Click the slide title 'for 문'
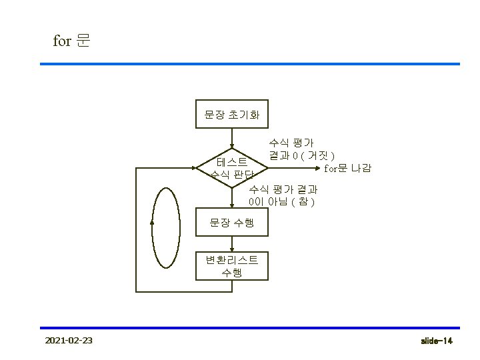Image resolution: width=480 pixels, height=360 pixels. click(x=71, y=41)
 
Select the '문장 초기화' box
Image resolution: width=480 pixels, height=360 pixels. click(x=231, y=115)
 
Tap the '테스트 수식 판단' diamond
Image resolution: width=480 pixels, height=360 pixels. click(x=232, y=168)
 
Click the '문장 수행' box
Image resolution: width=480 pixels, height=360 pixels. click(x=231, y=223)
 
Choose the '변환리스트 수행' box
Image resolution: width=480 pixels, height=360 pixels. click(x=231, y=265)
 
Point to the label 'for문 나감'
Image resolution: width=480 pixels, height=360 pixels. click(x=347, y=167)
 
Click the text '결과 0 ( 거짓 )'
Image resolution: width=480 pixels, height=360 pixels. click(x=301, y=155)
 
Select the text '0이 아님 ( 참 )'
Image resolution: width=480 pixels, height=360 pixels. click(x=281, y=201)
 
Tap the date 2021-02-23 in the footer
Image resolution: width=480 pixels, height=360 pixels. click(x=68, y=341)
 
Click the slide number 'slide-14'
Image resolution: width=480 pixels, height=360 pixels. click(x=437, y=341)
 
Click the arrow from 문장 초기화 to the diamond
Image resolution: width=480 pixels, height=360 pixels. click(x=231, y=138)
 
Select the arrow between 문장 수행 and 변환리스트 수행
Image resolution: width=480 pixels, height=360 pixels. click(x=231, y=244)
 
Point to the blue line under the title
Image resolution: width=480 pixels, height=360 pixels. click(x=250, y=64)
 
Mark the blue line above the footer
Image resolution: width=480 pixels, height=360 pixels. click(x=250, y=328)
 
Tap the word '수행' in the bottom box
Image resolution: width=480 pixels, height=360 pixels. click(x=231, y=272)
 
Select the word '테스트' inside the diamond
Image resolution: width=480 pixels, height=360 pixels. click(x=232, y=162)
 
